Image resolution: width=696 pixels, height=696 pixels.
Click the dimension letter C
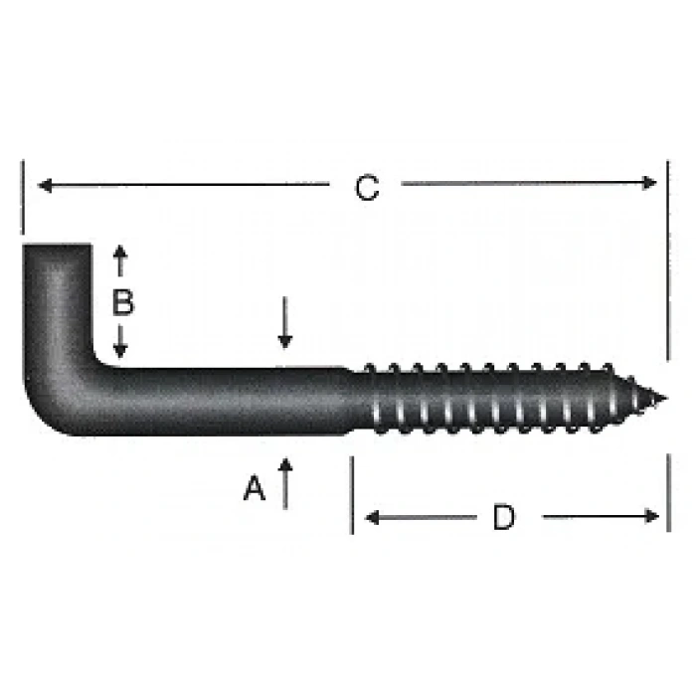coord(368,187)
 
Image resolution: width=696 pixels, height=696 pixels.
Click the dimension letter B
coord(122,301)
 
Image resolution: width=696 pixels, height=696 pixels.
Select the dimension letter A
coord(256,488)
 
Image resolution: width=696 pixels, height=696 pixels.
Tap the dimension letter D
coord(505,517)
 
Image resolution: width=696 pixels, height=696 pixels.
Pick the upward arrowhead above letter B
coord(120,252)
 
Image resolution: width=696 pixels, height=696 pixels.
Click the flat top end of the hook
coord(57,246)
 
